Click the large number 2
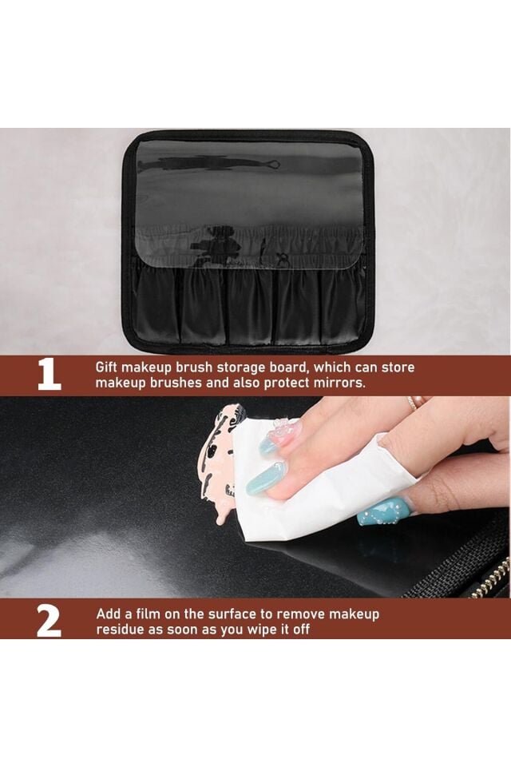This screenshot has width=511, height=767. [49, 622]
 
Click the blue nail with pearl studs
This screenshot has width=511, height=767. [384, 511]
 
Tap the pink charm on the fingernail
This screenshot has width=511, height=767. [283, 429]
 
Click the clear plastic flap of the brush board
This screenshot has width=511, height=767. [249, 203]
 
